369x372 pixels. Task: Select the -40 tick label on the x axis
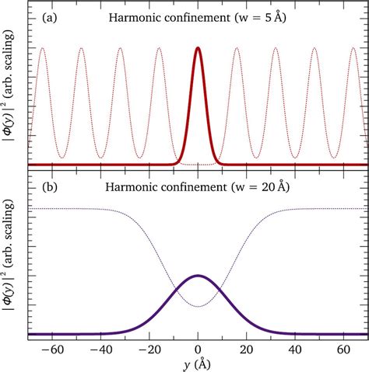click(x=100, y=350)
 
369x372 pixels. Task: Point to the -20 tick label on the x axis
click(x=149, y=350)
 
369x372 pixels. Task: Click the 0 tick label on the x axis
click(x=199, y=350)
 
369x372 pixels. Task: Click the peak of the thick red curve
click(x=199, y=48)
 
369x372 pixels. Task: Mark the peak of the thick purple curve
click(x=199, y=276)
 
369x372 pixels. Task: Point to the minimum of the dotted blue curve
click(x=199, y=306)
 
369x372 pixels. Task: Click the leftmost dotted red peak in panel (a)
click(x=43, y=48)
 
